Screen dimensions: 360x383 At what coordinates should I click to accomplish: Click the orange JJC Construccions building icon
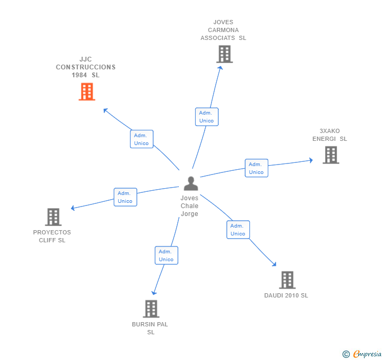(87, 91)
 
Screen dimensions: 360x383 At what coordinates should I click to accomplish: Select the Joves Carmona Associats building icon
(224, 54)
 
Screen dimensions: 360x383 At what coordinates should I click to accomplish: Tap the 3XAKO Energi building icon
(330, 155)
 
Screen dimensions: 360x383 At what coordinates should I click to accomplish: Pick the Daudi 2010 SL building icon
(287, 280)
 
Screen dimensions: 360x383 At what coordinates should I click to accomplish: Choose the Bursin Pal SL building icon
(151, 309)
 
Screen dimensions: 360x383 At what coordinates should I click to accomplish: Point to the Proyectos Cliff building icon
(53, 217)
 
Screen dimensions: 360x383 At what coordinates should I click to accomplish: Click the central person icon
(190, 184)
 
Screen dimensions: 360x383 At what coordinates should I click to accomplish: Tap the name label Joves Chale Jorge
(189, 206)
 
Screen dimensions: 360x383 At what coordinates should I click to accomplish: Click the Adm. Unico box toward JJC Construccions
(142, 139)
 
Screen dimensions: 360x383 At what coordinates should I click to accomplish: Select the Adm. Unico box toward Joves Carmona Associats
(206, 117)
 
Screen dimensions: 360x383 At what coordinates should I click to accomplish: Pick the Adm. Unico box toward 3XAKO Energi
(256, 168)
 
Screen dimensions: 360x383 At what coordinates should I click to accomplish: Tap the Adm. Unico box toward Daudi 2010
(238, 230)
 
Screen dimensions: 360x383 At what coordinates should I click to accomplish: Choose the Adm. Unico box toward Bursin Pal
(166, 255)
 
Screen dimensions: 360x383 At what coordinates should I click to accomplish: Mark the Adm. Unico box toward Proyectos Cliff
(125, 197)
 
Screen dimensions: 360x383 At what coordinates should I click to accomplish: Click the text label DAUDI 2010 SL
(286, 295)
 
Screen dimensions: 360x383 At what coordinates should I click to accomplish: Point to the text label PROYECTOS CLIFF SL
(52, 236)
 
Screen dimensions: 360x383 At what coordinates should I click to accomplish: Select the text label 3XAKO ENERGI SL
(329, 135)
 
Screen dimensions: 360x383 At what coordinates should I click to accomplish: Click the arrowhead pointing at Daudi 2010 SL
(274, 264)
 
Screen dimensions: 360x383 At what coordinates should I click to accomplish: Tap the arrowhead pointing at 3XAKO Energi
(310, 160)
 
